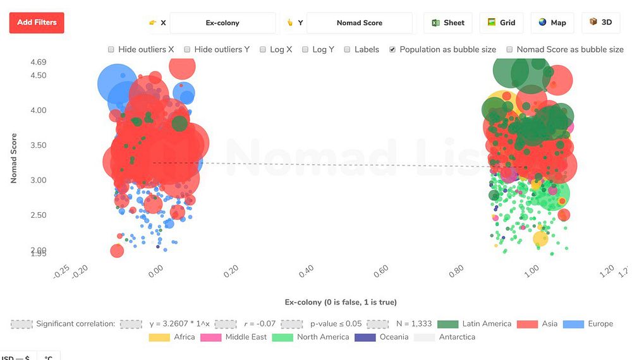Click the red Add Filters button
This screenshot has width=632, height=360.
tap(37, 23)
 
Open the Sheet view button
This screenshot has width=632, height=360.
tap(448, 23)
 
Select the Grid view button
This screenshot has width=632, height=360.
tap(501, 23)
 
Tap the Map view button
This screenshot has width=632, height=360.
tap(552, 23)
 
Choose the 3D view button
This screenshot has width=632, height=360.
tap(600, 23)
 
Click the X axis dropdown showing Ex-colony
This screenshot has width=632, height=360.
tap(222, 23)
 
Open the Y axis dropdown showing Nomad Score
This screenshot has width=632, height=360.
tap(359, 23)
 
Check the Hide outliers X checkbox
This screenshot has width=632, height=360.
tap(111, 49)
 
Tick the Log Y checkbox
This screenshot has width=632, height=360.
tap(305, 49)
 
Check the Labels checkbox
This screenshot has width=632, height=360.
tap(347, 49)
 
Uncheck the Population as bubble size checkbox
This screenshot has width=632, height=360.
tap(392, 49)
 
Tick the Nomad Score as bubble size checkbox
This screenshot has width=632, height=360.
tap(509, 49)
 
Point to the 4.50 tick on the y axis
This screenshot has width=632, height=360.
tap(38, 76)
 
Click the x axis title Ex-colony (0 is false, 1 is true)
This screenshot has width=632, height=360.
tap(341, 302)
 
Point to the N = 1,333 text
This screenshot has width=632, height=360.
tap(413, 324)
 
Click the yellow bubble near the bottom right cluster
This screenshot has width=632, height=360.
tap(540, 239)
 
